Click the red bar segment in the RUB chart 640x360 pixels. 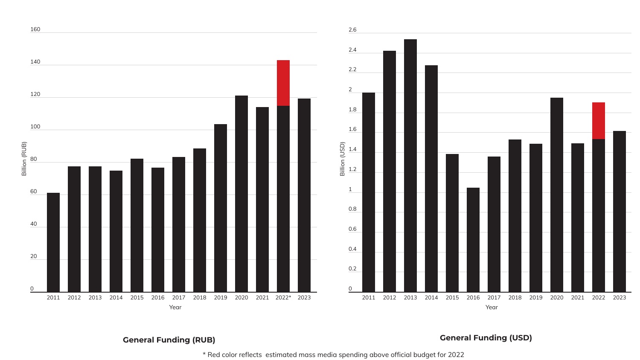283,83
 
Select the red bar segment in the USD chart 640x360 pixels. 598,121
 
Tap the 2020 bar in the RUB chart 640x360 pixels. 241,194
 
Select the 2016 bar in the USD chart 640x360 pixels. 473,240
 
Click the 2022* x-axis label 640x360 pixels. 283,298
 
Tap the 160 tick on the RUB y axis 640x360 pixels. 35,29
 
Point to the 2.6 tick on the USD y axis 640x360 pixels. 352,30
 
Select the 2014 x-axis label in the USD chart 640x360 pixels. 431,298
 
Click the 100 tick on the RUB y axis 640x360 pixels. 35,127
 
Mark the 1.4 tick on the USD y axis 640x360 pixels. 352,149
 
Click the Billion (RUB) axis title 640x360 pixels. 24,159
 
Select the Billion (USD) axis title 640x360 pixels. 342,159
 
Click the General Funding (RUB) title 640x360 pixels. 169,340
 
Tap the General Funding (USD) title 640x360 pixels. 486,338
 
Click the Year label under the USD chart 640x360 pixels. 492,307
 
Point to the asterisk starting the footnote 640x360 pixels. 204,354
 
